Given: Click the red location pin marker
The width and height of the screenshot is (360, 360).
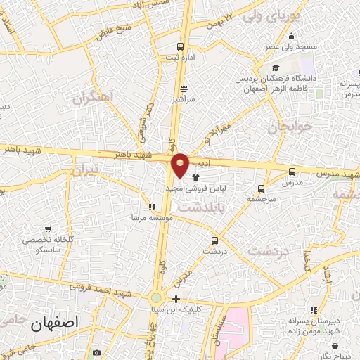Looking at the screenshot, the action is click(180, 164).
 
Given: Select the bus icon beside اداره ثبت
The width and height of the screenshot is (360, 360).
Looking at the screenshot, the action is click(181, 46).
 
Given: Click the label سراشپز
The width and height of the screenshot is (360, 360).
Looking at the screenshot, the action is click(184, 100).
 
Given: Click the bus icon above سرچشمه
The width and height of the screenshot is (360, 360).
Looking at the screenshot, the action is click(262, 188).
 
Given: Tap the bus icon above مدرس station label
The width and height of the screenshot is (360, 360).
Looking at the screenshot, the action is click(292, 171).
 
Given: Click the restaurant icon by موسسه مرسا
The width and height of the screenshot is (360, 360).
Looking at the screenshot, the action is click(151, 207).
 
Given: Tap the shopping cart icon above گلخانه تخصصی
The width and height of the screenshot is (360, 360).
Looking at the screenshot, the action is click(48, 229).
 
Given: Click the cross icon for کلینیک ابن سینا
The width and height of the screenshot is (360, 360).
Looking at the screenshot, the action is click(176, 299).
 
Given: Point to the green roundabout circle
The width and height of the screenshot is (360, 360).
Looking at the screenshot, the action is click(155, 298).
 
